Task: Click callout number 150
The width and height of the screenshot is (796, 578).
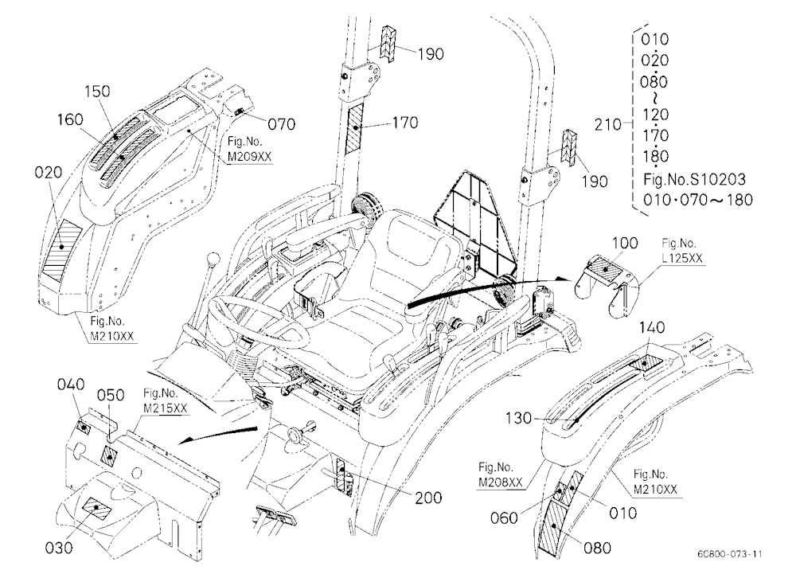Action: coord(97,92)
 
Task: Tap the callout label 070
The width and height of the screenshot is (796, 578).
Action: coord(281,124)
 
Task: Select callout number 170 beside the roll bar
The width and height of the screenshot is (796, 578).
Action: coord(405,123)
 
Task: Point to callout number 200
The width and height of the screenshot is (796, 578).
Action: coord(428,498)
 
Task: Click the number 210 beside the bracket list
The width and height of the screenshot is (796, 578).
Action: coord(607,124)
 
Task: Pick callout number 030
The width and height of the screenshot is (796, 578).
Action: coord(59,548)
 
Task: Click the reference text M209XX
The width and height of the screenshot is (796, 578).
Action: coord(249,157)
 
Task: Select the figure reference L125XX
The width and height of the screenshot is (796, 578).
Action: coord(682,258)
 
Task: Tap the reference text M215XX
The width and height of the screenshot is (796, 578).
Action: coord(166,408)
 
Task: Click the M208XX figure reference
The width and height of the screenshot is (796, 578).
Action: coord(501,482)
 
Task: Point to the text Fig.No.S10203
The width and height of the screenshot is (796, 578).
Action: coord(694,179)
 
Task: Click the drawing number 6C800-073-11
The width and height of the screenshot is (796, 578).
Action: coord(730,554)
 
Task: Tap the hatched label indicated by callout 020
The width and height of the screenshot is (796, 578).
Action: coord(61,248)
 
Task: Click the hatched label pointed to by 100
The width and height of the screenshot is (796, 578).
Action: coord(607,268)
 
